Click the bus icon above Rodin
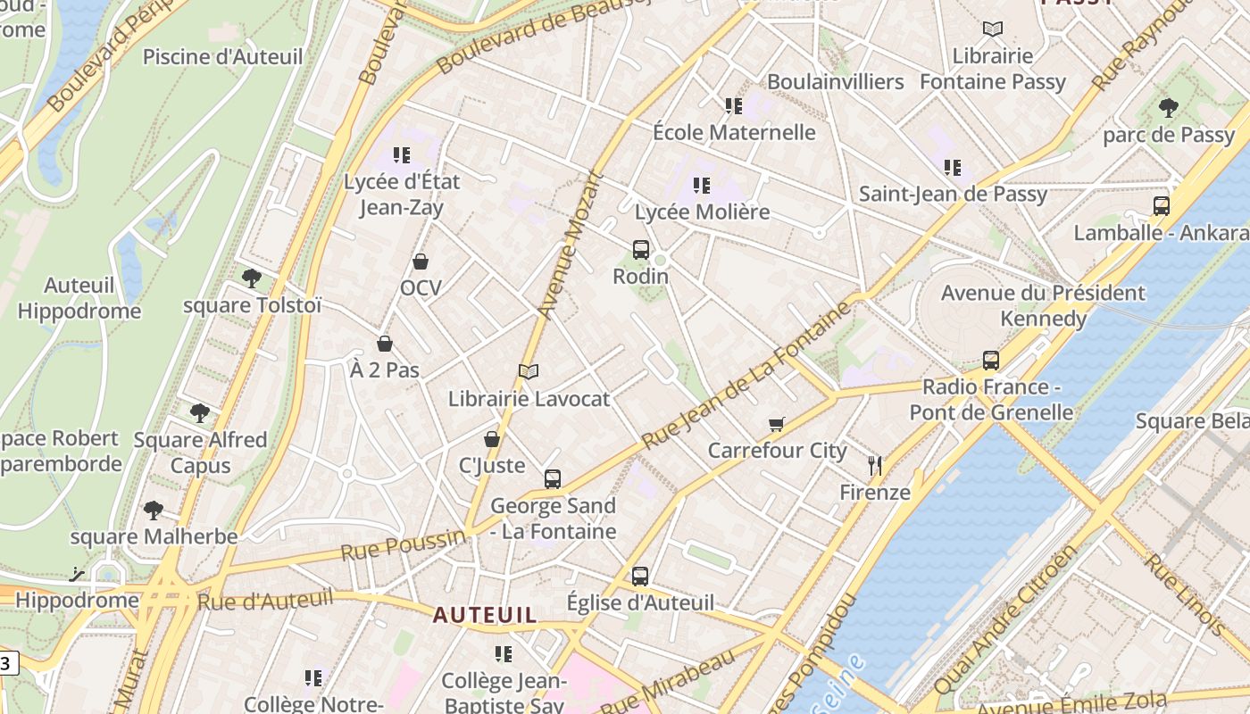tap(640, 250)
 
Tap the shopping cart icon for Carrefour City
tap(777, 424)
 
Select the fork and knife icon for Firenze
tap(875, 465)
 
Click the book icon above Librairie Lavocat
tap(529, 371)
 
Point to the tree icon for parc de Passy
tap(1168, 108)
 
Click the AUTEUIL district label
tap(486, 615)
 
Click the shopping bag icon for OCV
tap(421, 262)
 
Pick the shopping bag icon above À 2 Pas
tap(385, 344)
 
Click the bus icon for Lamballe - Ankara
tap(1161, 206)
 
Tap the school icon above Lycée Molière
tap(702, 186)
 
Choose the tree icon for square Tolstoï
tap(252, 278)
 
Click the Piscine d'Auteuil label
tap(223, 57)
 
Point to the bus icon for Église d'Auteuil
tap(640, 577)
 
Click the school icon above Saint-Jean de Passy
tap(953, 167)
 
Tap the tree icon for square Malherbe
tap(154, 511)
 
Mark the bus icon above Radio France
tap(991, 361)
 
